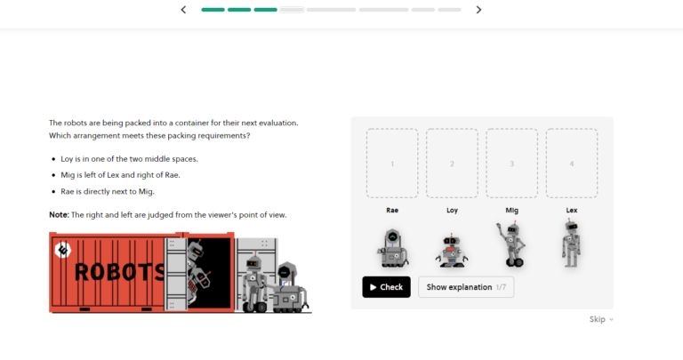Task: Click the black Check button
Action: click(386, 287)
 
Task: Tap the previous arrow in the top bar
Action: click(183, 10)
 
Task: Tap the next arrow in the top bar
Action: click(478, 10)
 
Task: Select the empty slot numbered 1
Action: click(392, 164)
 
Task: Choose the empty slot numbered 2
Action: click(452, 164)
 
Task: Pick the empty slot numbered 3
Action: click(512, 164)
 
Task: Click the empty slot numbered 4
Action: click(572, 164)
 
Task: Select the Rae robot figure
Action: click(392, 248)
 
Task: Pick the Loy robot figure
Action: click(451, 251)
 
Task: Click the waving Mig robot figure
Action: click(511, 244)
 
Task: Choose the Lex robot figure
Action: click(571, 244)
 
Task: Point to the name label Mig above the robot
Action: click(512, 211)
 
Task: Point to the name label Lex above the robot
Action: click(572, 211)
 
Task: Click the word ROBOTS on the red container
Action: click(120, 273)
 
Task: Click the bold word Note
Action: click(59, 214)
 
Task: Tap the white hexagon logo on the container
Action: click(63, 250)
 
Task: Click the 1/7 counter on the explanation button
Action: click(501, 287)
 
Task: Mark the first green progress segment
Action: click(213, 10)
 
